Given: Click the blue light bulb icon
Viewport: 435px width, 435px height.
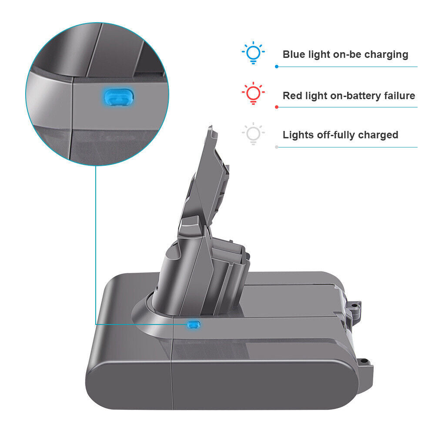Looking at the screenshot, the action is click(x=253, y=53).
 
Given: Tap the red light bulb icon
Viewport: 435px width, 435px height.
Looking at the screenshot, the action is click(x=253, y=93).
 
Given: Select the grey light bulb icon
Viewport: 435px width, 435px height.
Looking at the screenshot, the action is click(x=253, y=134).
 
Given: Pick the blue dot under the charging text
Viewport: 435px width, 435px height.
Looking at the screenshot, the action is click(x=277, y=67).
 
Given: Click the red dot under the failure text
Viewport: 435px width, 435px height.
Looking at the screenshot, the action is click(x=277, y=107).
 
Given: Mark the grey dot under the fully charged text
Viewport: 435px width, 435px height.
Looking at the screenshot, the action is click(x=277, y=147).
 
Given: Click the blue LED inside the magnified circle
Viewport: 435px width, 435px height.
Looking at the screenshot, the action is click(x=119, y=97).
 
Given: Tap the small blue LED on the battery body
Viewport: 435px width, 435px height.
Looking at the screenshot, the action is click(x=194, y=325).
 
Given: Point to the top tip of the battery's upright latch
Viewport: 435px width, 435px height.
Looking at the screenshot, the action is click(x=211, y=126).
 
